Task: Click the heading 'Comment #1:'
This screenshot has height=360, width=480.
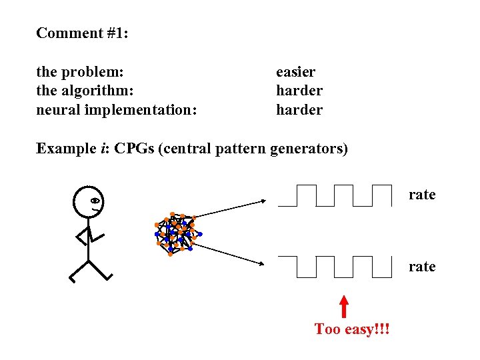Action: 82,33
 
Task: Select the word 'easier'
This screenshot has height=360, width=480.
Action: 295,72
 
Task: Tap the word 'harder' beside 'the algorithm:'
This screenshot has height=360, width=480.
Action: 299,91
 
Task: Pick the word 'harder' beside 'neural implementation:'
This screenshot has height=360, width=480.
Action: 299,109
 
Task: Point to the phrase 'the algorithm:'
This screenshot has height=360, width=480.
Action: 85,91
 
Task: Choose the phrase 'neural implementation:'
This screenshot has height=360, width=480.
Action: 117,109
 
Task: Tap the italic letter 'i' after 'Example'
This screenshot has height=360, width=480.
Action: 101,148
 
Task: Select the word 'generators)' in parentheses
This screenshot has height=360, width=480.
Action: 310,148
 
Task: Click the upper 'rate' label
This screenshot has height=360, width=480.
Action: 422,195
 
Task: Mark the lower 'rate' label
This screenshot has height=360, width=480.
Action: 422,267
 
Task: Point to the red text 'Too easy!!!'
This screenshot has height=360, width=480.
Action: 353,329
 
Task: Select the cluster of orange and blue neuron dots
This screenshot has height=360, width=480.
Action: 175,234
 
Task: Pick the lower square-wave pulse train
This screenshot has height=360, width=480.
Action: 335,266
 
